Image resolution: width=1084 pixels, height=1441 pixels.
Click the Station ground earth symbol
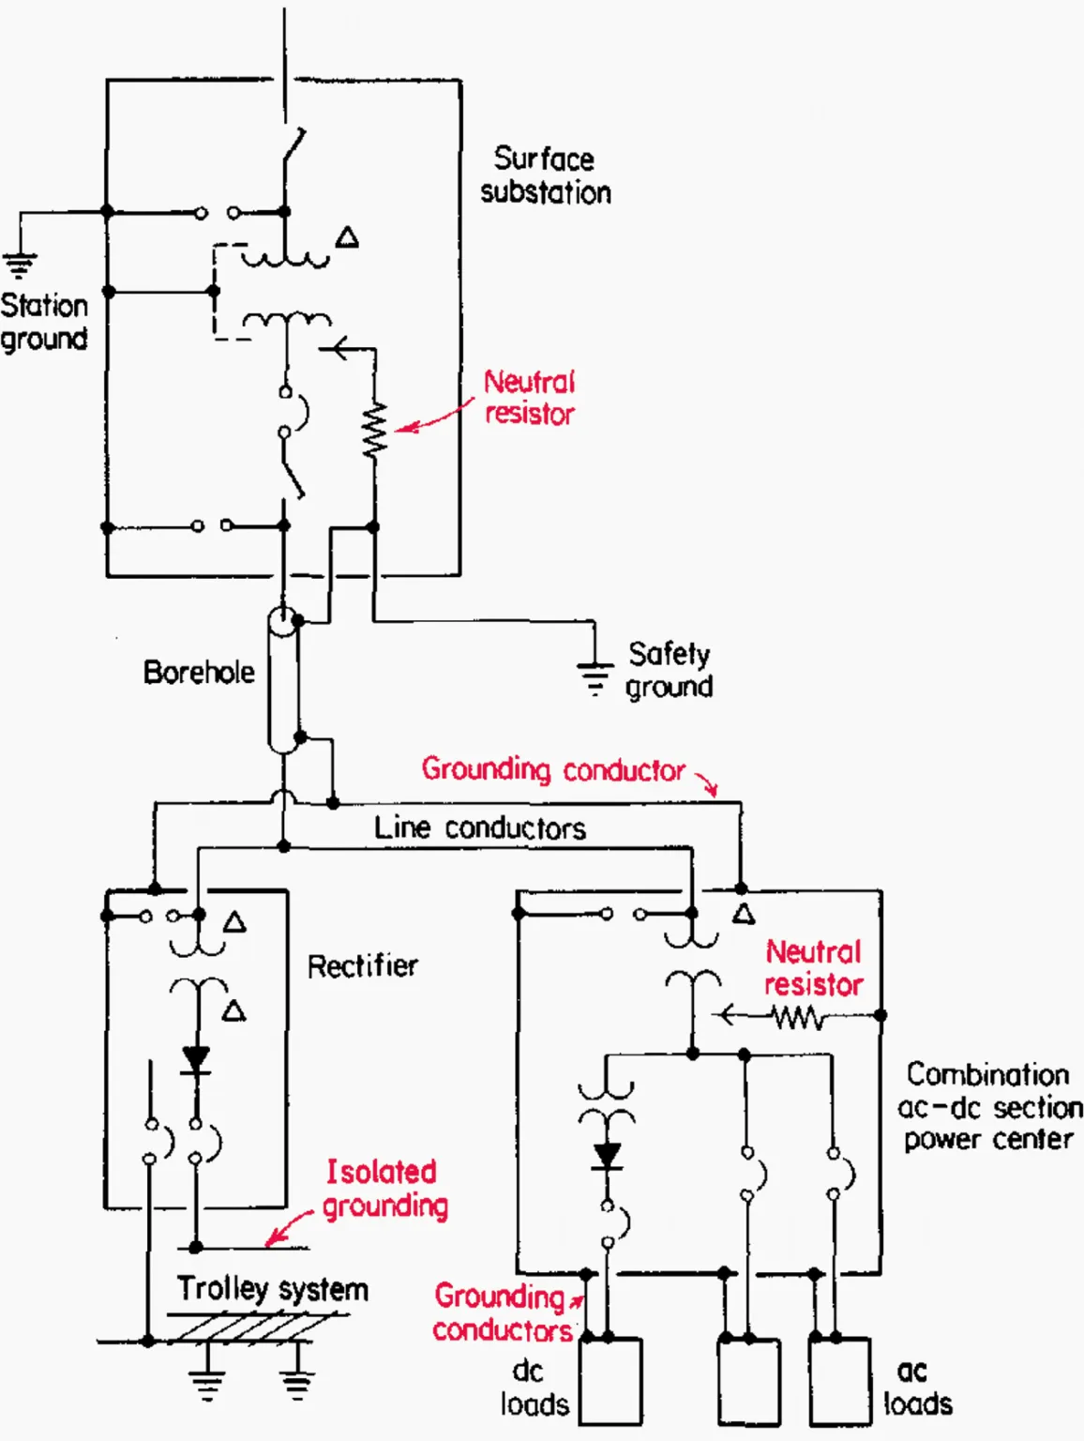pos(20,265)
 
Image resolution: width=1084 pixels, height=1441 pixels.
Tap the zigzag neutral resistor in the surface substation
pos(375,431)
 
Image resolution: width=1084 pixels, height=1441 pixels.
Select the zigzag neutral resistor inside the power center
pos(798,1017)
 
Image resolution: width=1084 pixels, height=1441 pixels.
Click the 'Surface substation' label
pos(545,175)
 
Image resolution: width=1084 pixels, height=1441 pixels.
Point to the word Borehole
pos(199,673)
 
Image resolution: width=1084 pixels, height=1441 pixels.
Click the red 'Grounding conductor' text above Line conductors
pos(553,770)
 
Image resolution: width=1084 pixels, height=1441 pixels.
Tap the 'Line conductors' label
pos(479,828)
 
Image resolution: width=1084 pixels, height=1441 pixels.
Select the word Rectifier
pos(362,966)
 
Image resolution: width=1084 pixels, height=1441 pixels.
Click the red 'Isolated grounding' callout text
pos(384,1189)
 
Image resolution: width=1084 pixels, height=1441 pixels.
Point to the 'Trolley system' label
pos(272,1289)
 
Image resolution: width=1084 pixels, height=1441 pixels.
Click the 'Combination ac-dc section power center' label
pos(988,1107)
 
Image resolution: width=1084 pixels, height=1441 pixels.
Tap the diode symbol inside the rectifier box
pos(196,1060)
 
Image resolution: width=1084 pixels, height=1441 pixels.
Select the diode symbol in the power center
pos(608,1156)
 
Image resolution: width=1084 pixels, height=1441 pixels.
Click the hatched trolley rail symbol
pos(253,1328)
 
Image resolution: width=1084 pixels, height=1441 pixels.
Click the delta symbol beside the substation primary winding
pos(348,237)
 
